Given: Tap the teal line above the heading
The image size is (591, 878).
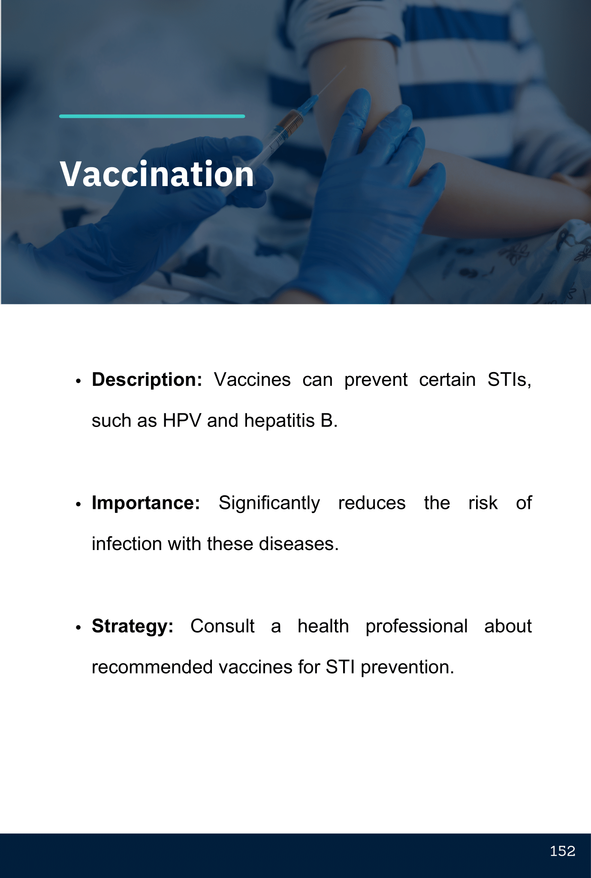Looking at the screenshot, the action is coord(152,116).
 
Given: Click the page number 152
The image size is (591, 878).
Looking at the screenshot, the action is coord(562,851).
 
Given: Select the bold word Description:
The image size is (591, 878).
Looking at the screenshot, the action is coord(147,380).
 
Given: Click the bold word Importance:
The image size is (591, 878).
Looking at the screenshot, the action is coord(146,503).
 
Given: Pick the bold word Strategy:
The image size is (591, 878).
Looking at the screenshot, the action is coord(133,626).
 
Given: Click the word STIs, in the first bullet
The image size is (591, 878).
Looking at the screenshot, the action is coord(510,380).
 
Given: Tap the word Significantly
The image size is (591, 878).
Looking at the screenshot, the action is coord(269,503).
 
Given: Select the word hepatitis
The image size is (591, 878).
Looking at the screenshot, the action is coord(279,421).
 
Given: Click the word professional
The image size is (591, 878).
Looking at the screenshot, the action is coord(416,626).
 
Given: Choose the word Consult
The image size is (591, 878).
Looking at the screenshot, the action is coord(223,626).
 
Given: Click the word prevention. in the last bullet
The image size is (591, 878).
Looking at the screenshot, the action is coord(407,668).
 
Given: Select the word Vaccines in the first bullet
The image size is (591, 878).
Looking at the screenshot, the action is coord(252,380).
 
